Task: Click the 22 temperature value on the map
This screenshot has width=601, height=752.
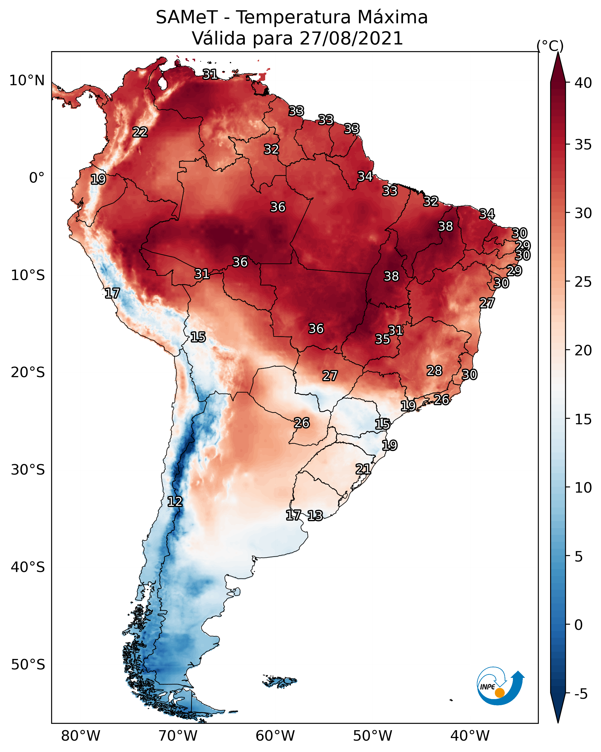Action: pyautogui.click(x=140, y=132)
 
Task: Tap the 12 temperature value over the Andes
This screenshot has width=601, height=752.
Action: pyautogui.click(x=175, y=502)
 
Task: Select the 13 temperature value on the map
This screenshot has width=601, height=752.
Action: pyautogui.click(x=315, y=516)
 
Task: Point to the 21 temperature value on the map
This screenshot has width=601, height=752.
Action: pyautogui.click(x=363, y=469)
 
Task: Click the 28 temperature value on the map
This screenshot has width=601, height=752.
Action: pyautogui.click(x=434, y=370)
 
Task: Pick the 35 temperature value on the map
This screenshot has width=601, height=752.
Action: pyautogui.click(x=382, y=339)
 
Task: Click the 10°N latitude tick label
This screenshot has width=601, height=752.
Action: pyautogui.click(x=27, y=81)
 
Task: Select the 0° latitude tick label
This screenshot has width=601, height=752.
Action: pyautogui.click(x=37, y=178)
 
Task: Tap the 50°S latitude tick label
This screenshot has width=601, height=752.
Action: pyautogui.click(x=28, y=665)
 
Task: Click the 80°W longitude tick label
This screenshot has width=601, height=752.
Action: pyautogui.click(x=81, y=736)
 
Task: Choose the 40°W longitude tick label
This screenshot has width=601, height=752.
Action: pyautogui.click(x=470, y=736)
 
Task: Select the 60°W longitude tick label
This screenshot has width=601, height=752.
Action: pyautogui.click(x=275, y=736)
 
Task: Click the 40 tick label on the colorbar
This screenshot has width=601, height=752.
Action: pyautogui.click(x=583, y=83)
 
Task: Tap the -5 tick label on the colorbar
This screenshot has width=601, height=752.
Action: pyautogui.click(x=581, y=694)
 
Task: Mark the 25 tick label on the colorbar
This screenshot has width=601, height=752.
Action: pyautogui.click(x=583, y=282)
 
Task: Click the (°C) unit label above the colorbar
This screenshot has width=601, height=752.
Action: pyautogui.click(x=550, y=46)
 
